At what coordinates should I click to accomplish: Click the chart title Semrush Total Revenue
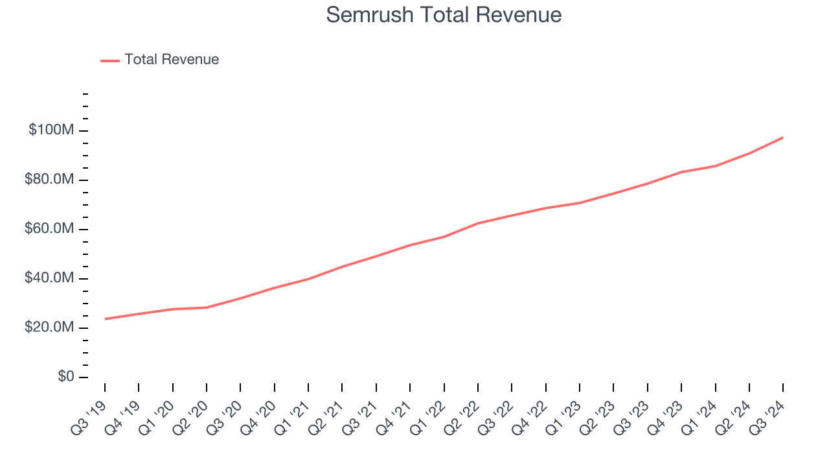pyautogui.click(x=444, y=15)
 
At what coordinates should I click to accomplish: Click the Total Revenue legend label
pyautogui.click(x=172, y=60)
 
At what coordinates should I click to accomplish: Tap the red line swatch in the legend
pyautogui.click(x=110, y=60)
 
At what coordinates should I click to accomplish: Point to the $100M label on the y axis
pyautogui.click(x=51, y=130)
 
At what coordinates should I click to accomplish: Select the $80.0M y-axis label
pyautogui.click(x=49, y=180)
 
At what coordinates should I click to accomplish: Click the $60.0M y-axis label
pyautogui.click(x=49, y=229)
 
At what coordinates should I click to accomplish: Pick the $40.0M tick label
pyautogui.click(x=49, y=278)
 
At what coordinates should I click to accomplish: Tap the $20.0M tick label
pyautogui.click(x=49, y=328)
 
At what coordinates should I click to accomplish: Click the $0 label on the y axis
pyautogui.click(x=65, y=377)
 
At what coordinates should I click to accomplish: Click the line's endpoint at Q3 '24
pyautogui.click(x=783, y=138)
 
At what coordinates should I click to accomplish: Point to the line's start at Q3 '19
pyautogui.click(x=105, y=318)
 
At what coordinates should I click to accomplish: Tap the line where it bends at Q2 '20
pyautogui.click(x=207, y=307)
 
